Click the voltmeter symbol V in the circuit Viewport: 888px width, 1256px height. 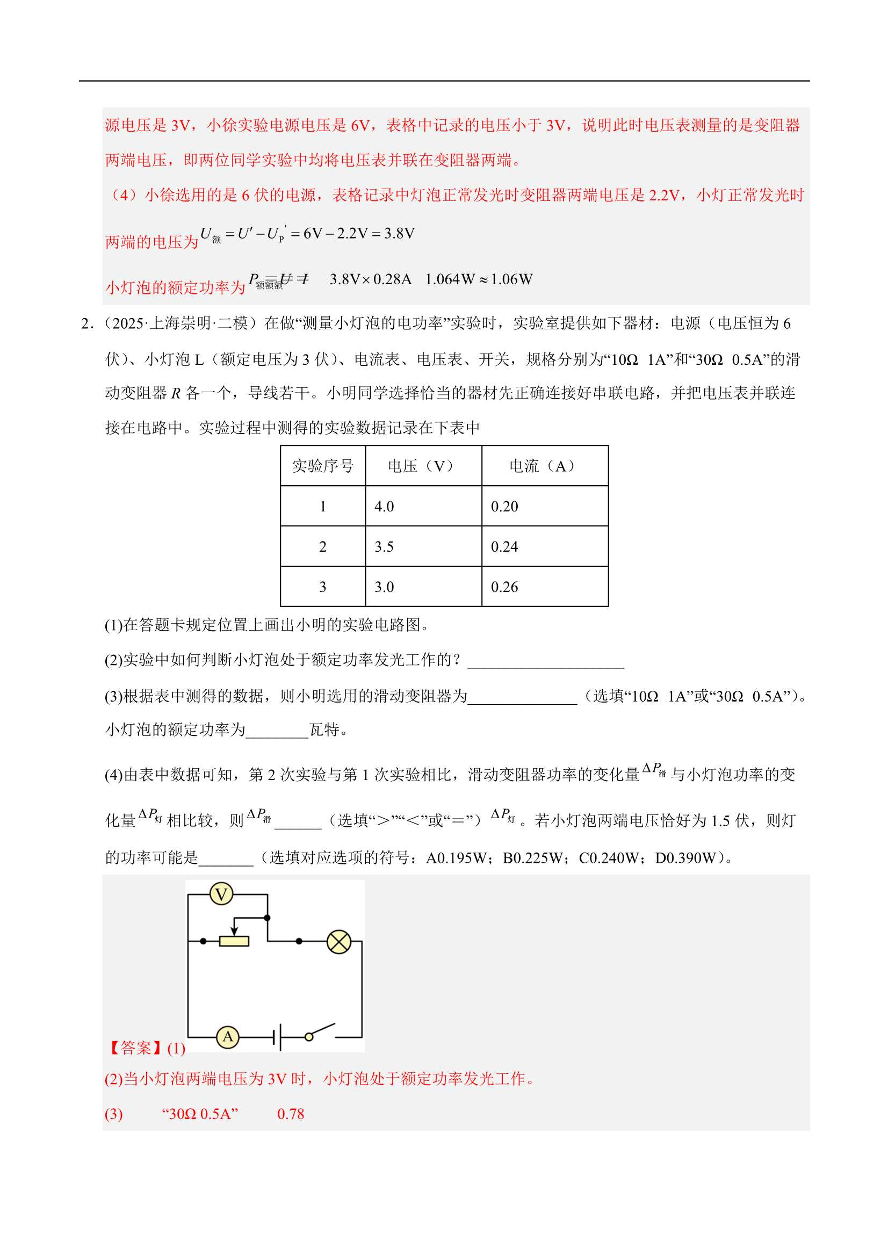click(x=221, y=894)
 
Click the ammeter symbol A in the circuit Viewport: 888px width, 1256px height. click(x=228, y=1036)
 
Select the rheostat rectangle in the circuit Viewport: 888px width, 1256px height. click(x=234, y=941)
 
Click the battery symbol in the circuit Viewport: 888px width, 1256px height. click(x=277, y=1036)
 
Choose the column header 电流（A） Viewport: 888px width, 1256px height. click(x=544, y=466)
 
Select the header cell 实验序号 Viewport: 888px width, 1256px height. click(x=323, y=466)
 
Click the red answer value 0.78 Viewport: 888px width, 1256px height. click(x=291, y=1114)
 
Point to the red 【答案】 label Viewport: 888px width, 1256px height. click(x=134, y=1048)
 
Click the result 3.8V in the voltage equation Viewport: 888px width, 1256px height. click(x=399, y=234)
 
